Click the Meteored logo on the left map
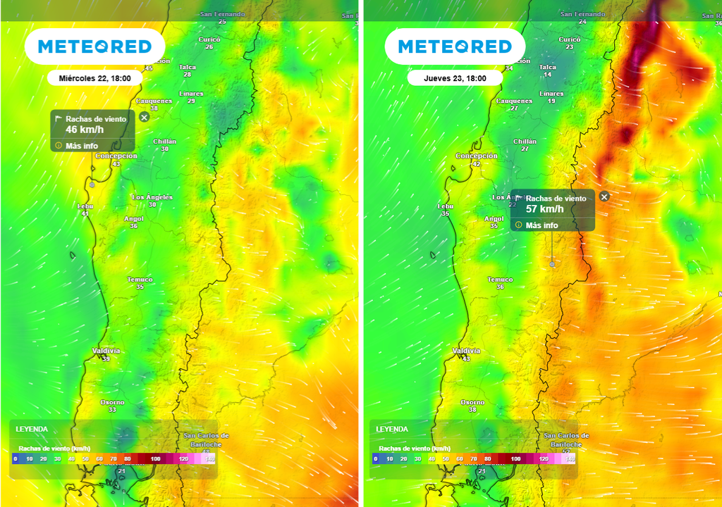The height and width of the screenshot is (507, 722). pyautogui.click(x=94, y=46)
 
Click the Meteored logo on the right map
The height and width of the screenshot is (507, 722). pyautogui.click(x=455, y=46)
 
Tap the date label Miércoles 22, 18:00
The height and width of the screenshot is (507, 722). pyautogui.click(x=94, y=78)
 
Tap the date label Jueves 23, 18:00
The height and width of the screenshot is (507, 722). pyautogui.click(x=455, y=78)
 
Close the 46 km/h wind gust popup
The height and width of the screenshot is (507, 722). pyautogui.click(x=145, y=117)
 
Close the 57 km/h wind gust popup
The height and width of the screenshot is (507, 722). pyautogui.click(x=604, y=197)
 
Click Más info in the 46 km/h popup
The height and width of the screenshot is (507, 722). pyautogui.click(x=81, y=146)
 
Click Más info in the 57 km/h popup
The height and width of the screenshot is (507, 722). pyautogui.click(x=541, y=225)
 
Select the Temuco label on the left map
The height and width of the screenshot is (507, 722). pyautogui.click(x=140, y=280)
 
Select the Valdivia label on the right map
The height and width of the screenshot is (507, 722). pyautogui.click(x=465, y=351)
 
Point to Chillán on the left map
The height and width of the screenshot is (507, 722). pyautogui.click(x=165, y=142)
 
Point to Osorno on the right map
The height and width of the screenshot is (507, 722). pyautogui.click(x=472, y=402)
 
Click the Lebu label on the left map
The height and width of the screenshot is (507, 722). pyautogui.click(x=85, y=206)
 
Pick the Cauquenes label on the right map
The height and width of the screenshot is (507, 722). pyautogui.click(x=514, y=101)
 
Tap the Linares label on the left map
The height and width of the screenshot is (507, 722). pyautogui.click(x=191, y=94)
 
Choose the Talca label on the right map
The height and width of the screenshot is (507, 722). pyautogui.click(x=548, y=68)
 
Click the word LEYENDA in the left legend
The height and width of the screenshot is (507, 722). pyautogui.click(x=32, y=429)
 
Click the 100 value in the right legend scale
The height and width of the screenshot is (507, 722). pyautogui.click(x=515, y=458)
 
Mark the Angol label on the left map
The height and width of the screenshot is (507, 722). pyautogui.click(x=134, y=218)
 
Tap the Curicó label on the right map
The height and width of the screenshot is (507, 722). pyautogui.click(x=569, y=39)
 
